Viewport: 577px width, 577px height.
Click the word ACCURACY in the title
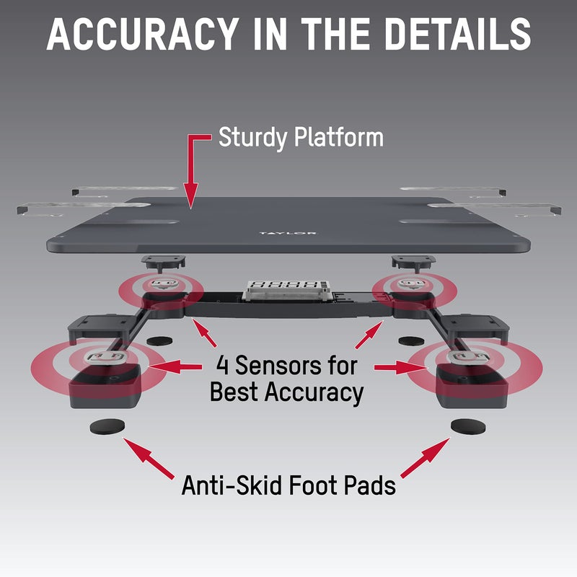[x=142, y=34]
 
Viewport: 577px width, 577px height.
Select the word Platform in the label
[x=338, y=137]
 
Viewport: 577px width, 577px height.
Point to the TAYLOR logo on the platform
[x=287, y=233]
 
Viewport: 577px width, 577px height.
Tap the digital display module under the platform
[x=287, y=290]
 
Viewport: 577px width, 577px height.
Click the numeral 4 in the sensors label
[x=223, y=365]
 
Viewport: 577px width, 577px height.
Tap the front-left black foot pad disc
[x=107, y=426]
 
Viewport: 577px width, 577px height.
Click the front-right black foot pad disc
[x=468, y=426]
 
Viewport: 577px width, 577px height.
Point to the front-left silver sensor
[x=106, y=357]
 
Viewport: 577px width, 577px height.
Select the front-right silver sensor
[x=468, y=357]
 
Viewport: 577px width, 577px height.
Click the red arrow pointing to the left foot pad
[x=149, y=458]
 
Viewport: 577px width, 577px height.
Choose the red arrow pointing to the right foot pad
[x=426, y=458]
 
